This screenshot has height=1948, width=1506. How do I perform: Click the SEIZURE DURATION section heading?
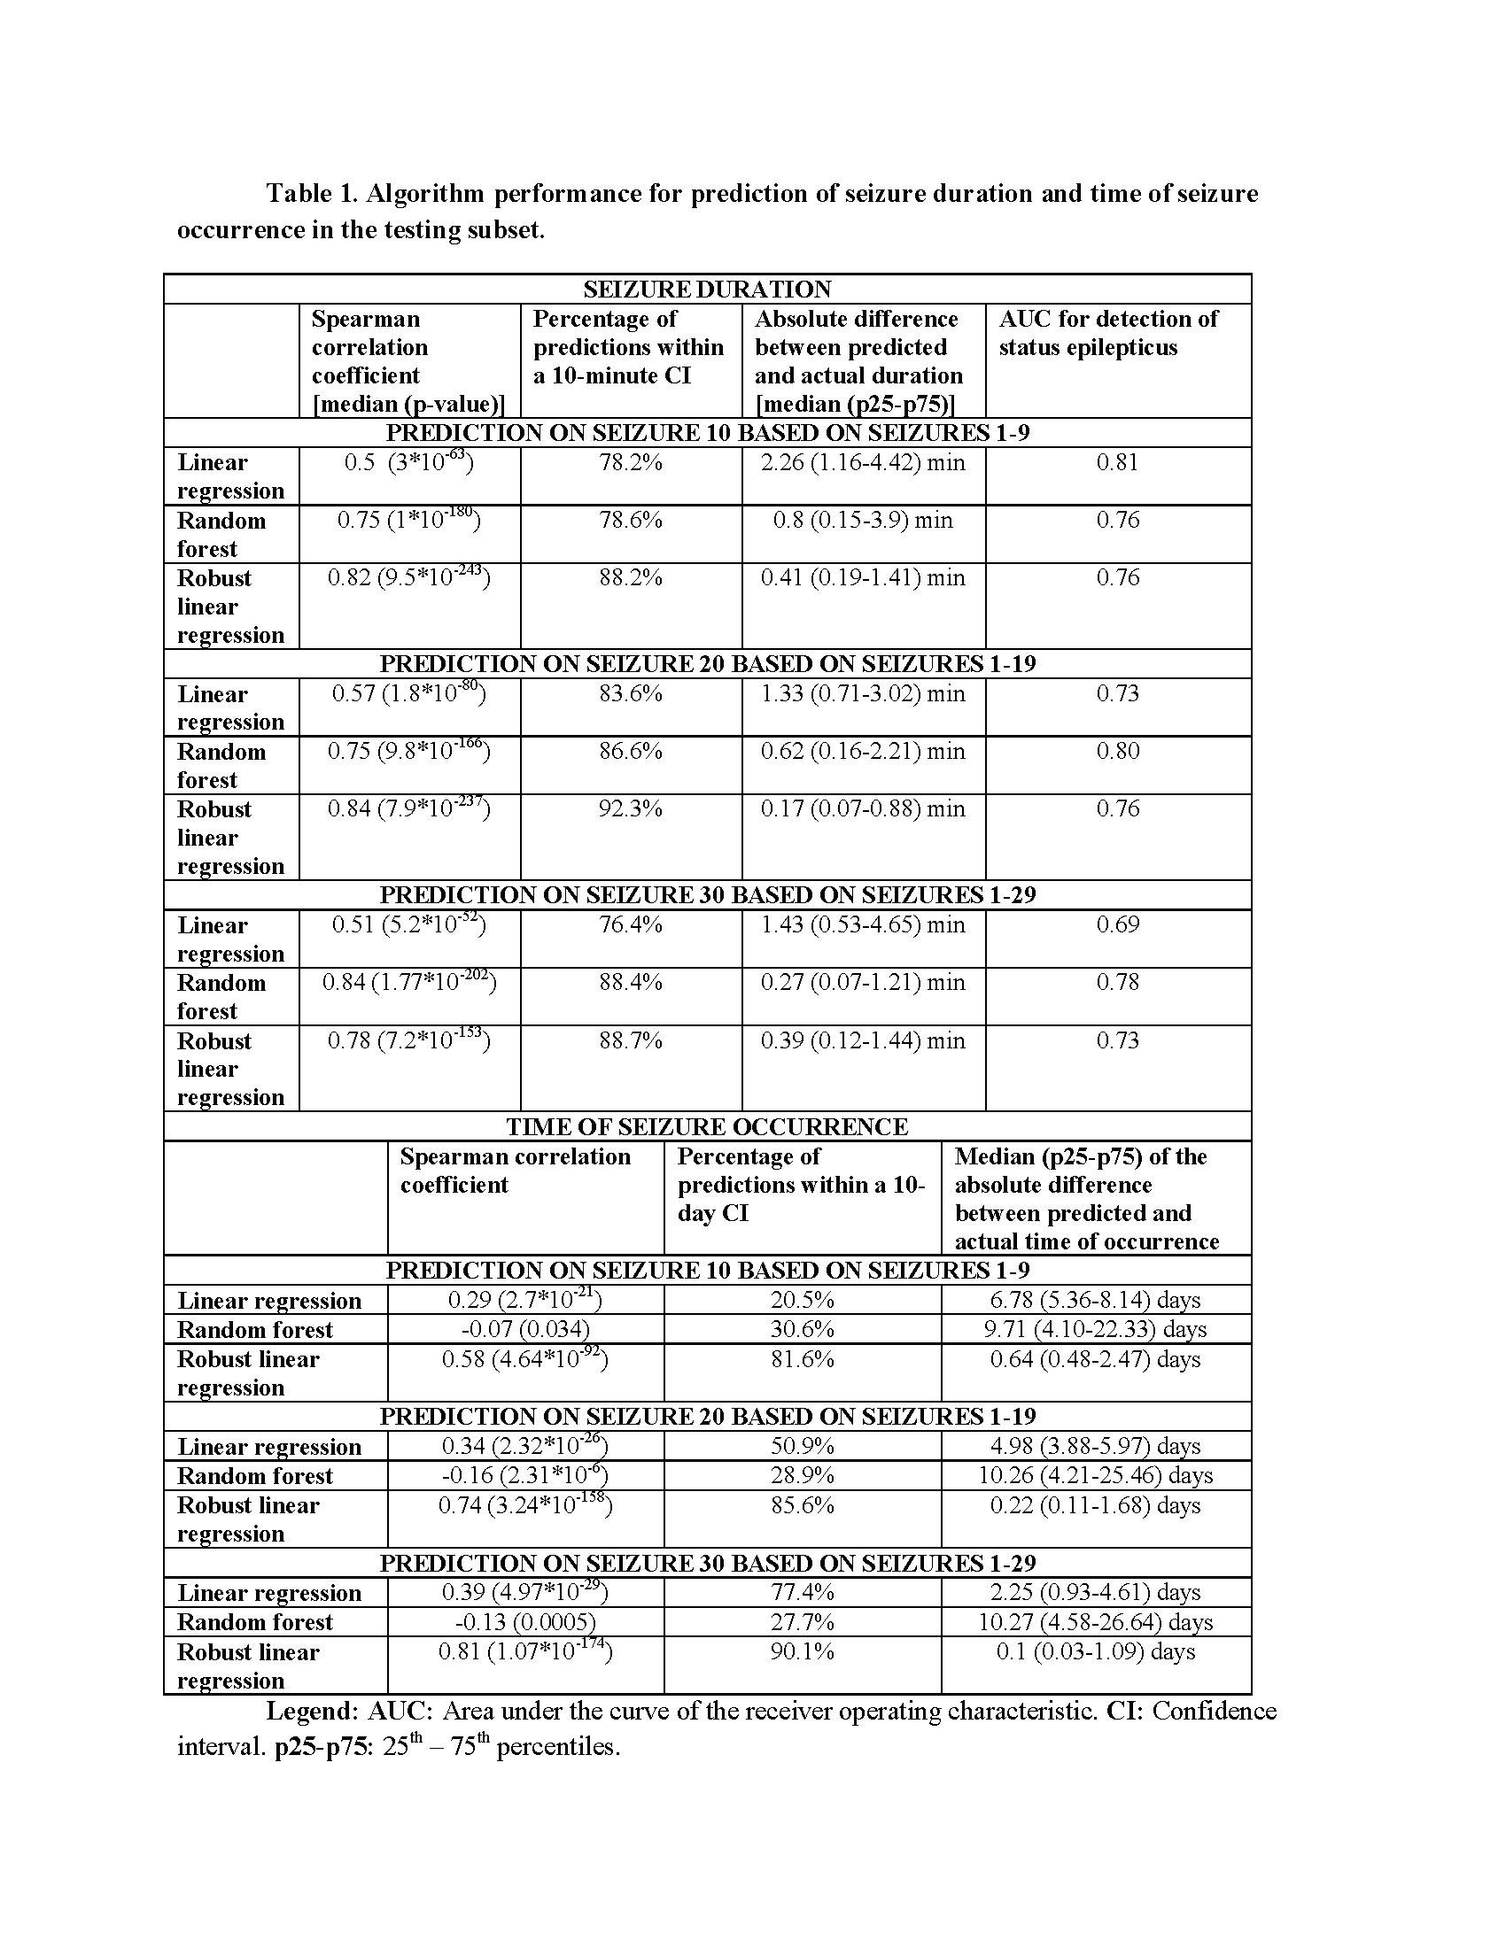[707, 289]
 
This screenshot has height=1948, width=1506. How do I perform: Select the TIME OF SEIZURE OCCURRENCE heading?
[707, 1126]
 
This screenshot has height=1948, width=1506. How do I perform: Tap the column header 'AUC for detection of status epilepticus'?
[1108, 333]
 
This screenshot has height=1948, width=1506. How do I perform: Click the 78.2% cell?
[630, 462]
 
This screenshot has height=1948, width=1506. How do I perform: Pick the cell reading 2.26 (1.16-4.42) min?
[863, 462]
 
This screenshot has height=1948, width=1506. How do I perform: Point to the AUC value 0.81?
[1118, 462]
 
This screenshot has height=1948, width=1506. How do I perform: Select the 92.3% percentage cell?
[630, 809]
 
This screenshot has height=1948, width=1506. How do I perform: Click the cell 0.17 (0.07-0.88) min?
[863, 809]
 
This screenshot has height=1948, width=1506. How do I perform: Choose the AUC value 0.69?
[1118, 924]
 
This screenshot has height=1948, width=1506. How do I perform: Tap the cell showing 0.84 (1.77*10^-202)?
[408, 982]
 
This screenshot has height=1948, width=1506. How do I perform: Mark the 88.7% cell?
[630, 1040]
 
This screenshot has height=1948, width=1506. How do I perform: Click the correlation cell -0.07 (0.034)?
[525, 1329]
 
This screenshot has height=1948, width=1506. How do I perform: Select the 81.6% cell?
[802, 1359]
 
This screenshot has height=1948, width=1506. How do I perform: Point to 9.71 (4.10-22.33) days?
[1095, 1329]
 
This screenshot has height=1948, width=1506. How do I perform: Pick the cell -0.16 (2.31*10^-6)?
[525, 1475]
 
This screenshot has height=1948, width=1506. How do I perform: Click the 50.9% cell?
[802, 1446]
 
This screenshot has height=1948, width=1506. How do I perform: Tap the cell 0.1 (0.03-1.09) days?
[1095, 1652]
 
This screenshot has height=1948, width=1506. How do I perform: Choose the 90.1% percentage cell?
[802, 1652]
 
